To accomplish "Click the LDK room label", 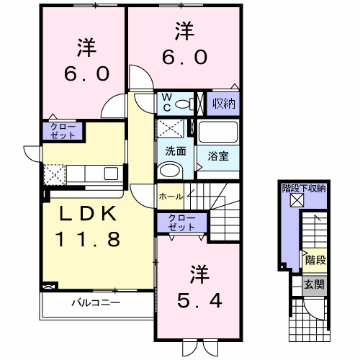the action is (x=88, y=214).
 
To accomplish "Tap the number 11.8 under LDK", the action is (x=88, y=239).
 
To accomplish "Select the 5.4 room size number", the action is (x=199, y=301).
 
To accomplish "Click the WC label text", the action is (x=167, y=103).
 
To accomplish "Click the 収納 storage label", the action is (x=223, y=104).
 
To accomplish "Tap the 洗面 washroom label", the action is (x=176, y=151).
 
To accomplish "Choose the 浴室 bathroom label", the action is (x=218, y=156).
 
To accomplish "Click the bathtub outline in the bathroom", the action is (x=218, y=132).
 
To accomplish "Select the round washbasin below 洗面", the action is (x=170, y=170).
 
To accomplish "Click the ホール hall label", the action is (x=171, y=197).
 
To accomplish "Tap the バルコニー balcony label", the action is (x=96, y=302).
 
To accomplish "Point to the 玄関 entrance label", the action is (x=314, y=284).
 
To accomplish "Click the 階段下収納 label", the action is (x=304, y=189).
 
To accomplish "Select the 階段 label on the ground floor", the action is (x=315, y=260).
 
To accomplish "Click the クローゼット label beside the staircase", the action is (x=181, y=222).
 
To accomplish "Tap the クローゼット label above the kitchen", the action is (x=63, y=131).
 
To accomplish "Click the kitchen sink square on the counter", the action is (x=111, y=174).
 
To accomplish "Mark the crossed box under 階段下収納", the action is (x=297, y=200).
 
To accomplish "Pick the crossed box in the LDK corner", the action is (x=50, y=287).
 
